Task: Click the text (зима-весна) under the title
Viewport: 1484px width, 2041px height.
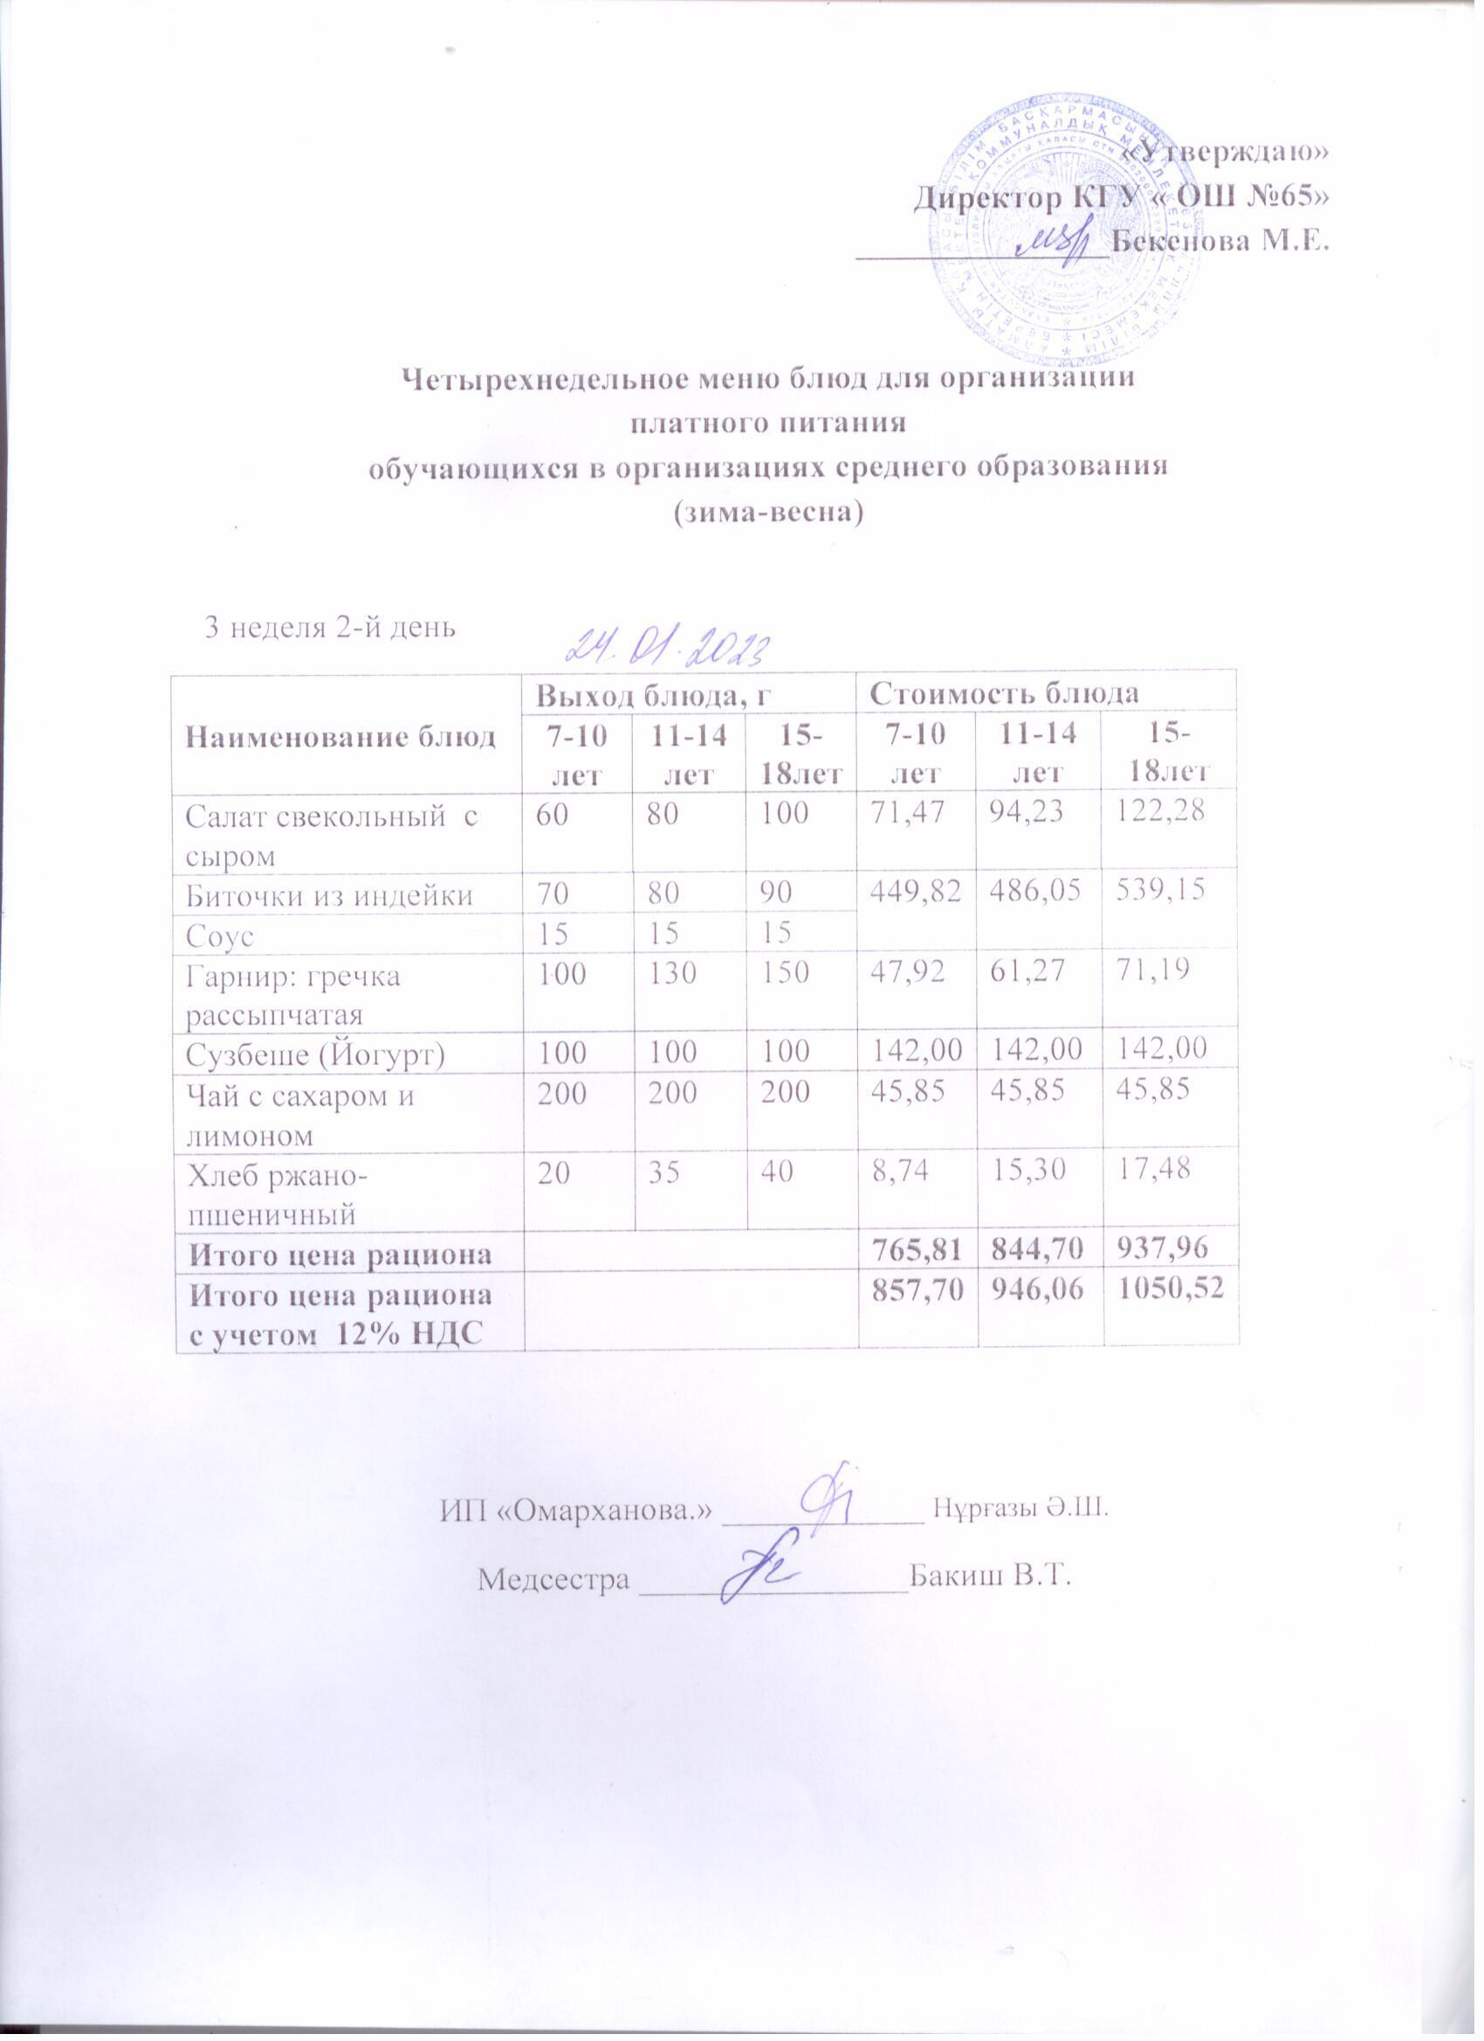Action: coord(767,512)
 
